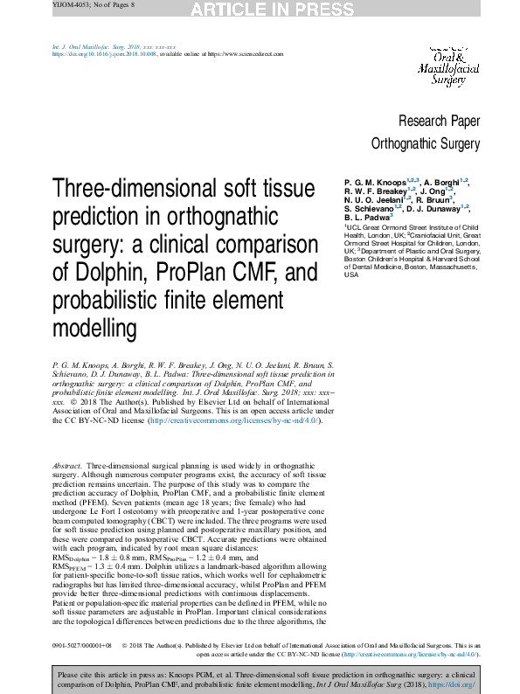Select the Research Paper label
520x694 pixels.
(439, 121)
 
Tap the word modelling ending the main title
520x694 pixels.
(95, 330)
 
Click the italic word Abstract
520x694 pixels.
(67, 467)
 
